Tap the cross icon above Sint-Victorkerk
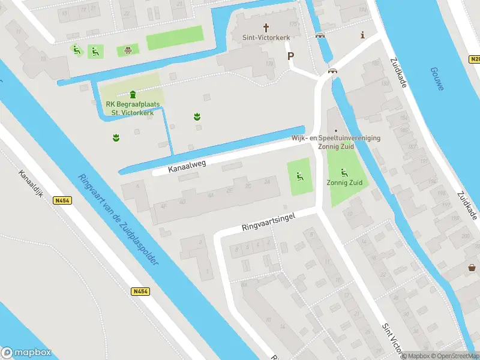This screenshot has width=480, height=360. tap(267, 28)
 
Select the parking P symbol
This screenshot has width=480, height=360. tap(291, 56)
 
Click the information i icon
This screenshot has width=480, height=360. tap(362, 35)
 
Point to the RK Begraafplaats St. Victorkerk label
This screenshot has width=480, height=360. tap(133, 109)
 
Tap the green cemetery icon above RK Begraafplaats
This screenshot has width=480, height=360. tap(133, 94)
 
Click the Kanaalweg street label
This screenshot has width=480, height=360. tap(188, 166)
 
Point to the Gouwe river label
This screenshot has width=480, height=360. tap(437, 79)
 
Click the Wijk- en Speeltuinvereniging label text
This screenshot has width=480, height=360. tap(336, 138)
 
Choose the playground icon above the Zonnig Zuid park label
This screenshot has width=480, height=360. tap(344, 172)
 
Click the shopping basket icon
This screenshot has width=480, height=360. tap(473, 268)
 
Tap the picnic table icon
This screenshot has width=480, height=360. tap(128, 50)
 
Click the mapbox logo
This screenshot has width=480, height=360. tap(26, 353)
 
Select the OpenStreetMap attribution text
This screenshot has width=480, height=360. tap(454, 356)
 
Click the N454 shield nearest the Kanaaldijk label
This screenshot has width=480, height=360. tap(62, 200)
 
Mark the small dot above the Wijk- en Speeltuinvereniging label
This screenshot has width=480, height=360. tap(336, 130)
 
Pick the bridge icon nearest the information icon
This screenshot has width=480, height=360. tap(320, 35)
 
